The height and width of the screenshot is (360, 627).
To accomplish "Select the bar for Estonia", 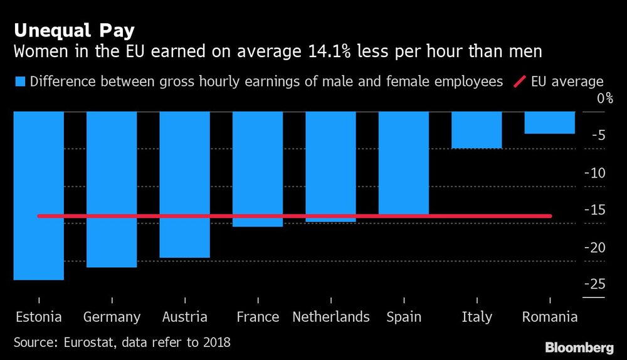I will pos(38,195).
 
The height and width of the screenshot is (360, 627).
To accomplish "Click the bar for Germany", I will pos(112,189).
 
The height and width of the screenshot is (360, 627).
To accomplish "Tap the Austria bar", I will pos(184,184).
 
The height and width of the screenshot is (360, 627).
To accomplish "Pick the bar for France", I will pos(258,168).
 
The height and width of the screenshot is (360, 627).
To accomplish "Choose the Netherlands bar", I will pos(330,166).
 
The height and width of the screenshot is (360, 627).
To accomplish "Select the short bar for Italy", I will pos(477,130).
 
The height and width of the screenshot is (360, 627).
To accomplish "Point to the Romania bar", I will pos(550,122).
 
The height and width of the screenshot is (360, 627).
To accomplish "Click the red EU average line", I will pos(295,216).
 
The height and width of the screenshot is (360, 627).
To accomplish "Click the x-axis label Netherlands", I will pos(330,317).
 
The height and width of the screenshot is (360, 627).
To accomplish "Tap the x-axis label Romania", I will pos(550,317).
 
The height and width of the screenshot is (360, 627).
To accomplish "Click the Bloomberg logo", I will pos(580,347).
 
